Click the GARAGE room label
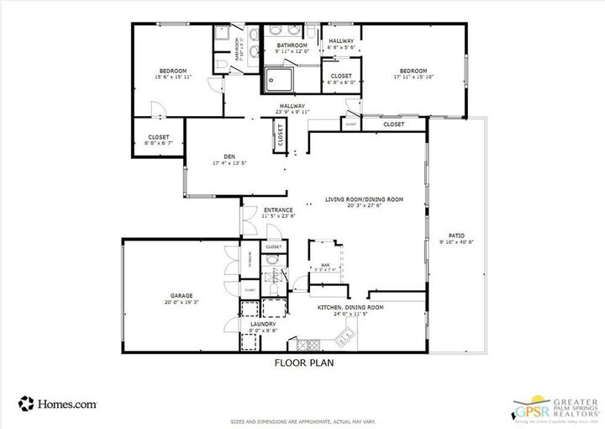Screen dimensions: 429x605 point(181,295)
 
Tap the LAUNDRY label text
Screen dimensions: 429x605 point(263,323)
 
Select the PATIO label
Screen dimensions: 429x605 point(456,236)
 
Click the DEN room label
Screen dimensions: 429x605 point(229,156)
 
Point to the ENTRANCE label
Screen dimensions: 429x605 point(278,209)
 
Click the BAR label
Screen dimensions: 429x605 point(324,265)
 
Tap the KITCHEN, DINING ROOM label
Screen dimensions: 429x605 point(350,307)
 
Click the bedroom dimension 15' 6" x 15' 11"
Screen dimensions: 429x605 point(173,77)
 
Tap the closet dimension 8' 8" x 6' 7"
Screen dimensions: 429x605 point(158,143)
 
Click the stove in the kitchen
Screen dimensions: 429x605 point(306,344)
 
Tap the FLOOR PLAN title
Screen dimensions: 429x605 point(303,364)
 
